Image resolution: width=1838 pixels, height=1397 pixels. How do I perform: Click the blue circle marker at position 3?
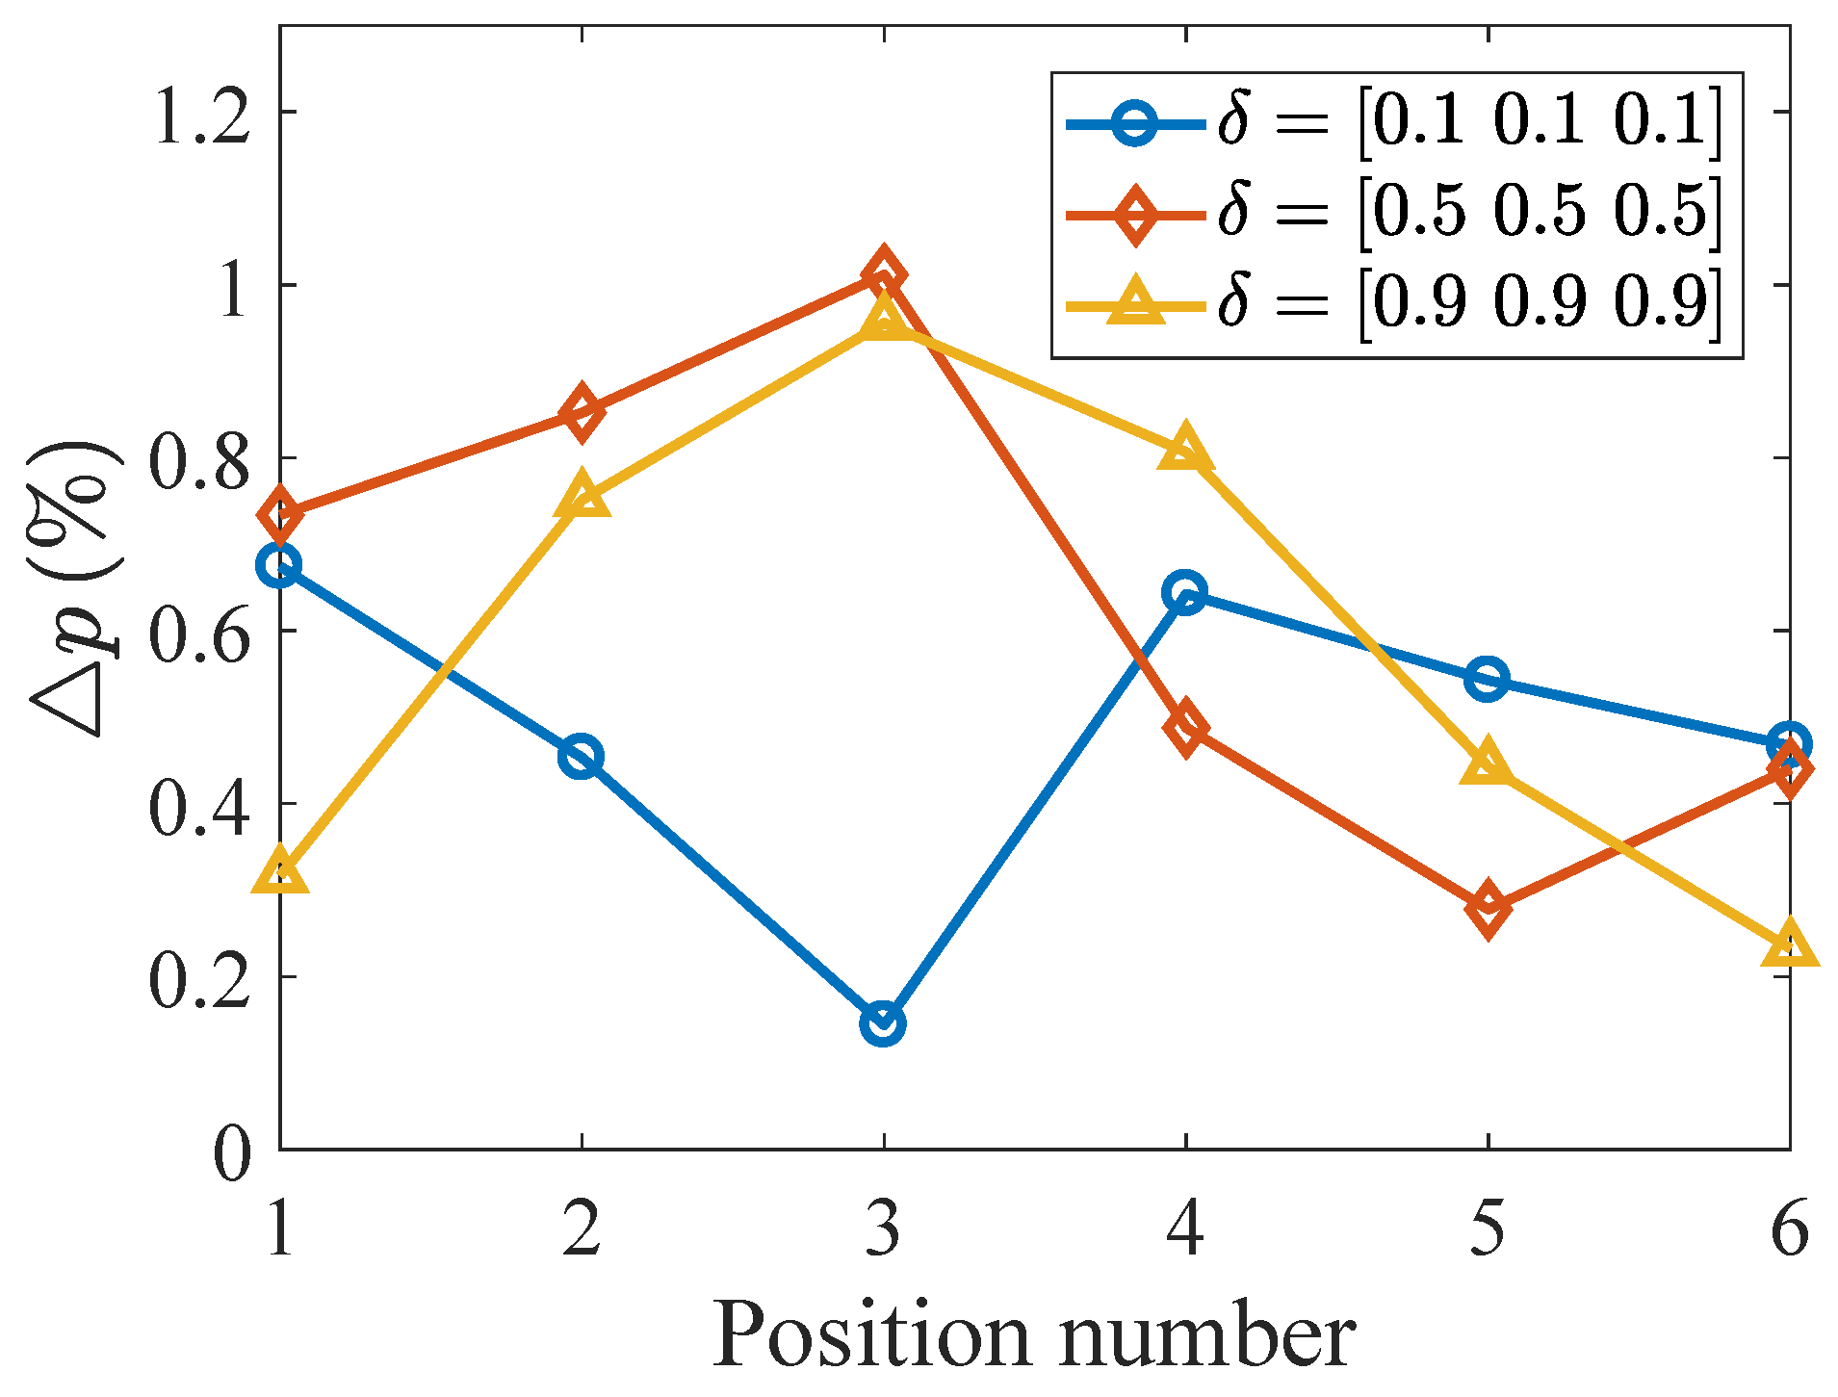[883, 1022]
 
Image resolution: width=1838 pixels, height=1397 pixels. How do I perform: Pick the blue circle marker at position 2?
[581, 756]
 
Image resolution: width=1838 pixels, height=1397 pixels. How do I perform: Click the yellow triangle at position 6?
[1789, 945]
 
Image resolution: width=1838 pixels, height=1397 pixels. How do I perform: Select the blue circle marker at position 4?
[1185, 592]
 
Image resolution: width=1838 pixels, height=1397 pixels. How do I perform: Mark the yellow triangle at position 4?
[1185, 450]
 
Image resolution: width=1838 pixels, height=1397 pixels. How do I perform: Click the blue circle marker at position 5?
[1488, 679]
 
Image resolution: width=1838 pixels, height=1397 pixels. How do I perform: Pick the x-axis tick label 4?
[1185, 1229]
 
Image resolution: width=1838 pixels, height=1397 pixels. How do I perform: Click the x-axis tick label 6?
[1789, 1229]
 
